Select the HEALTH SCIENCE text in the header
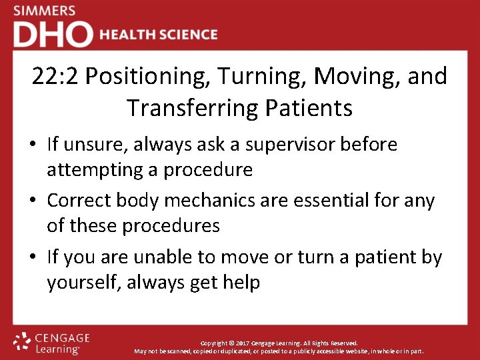pyautogui.click(x=159, y=35)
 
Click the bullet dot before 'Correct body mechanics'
pyautogui.click(x=33, y=201)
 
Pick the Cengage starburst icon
pyautogui.click(x=23, y=341)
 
